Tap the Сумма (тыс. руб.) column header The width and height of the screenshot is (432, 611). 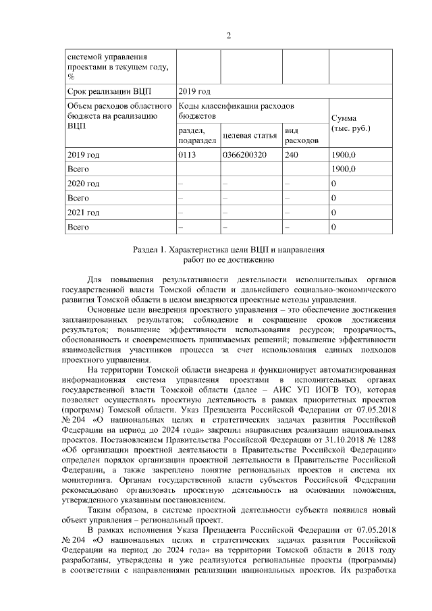point(351,122)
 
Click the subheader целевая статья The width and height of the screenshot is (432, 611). point(250,136)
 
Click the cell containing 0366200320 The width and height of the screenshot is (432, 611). point(244,155)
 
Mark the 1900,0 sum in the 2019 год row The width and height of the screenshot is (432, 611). point(344,155)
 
